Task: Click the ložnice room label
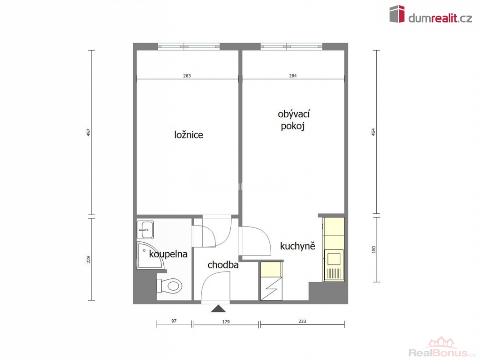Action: click(189, 135)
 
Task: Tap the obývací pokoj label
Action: click(294, 120)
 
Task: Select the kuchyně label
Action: click(297, 246)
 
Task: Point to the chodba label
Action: click(223, 264)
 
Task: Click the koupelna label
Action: click(168, 254)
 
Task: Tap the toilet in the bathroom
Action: click(169, 286)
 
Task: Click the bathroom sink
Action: click(145, 229)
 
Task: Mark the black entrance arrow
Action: click(218, 308)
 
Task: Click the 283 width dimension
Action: click(187, 75)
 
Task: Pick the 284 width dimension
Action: click(293, 75)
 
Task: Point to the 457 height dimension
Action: click(89, 132)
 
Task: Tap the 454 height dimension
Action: click(373, 132)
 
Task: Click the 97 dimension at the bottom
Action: click(174, 321)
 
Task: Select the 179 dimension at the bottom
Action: click(226, 322)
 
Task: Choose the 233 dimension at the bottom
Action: click(302, 321)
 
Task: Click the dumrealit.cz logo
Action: click(431, 14)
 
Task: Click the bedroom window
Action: click(189, 46)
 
